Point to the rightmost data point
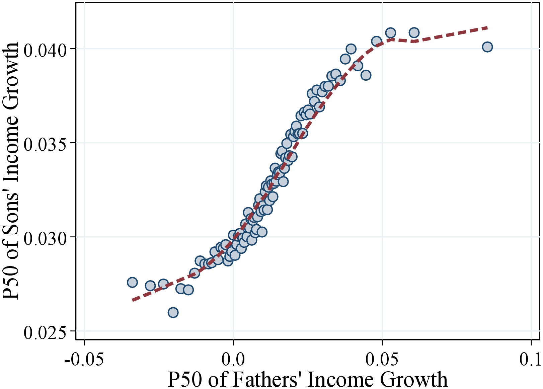click(x=487, y=47)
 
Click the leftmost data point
click(x=132, y=282)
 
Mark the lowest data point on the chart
click(x=173, y=313)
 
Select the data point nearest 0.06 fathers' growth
click(x=414, y=32)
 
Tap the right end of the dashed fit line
click(x=487, y=28)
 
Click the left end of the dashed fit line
click(x=133, y=300)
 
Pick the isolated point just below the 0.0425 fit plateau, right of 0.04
click(x=366, y=75)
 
